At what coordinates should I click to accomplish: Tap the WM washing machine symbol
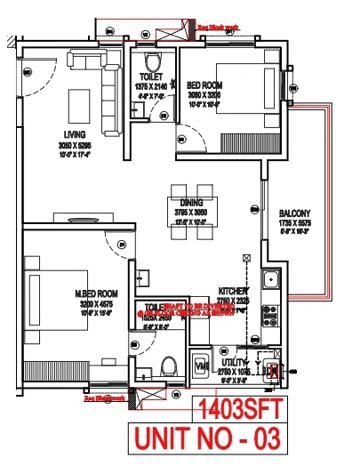point(201,364)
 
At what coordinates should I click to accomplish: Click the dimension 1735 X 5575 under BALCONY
point(296,223)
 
